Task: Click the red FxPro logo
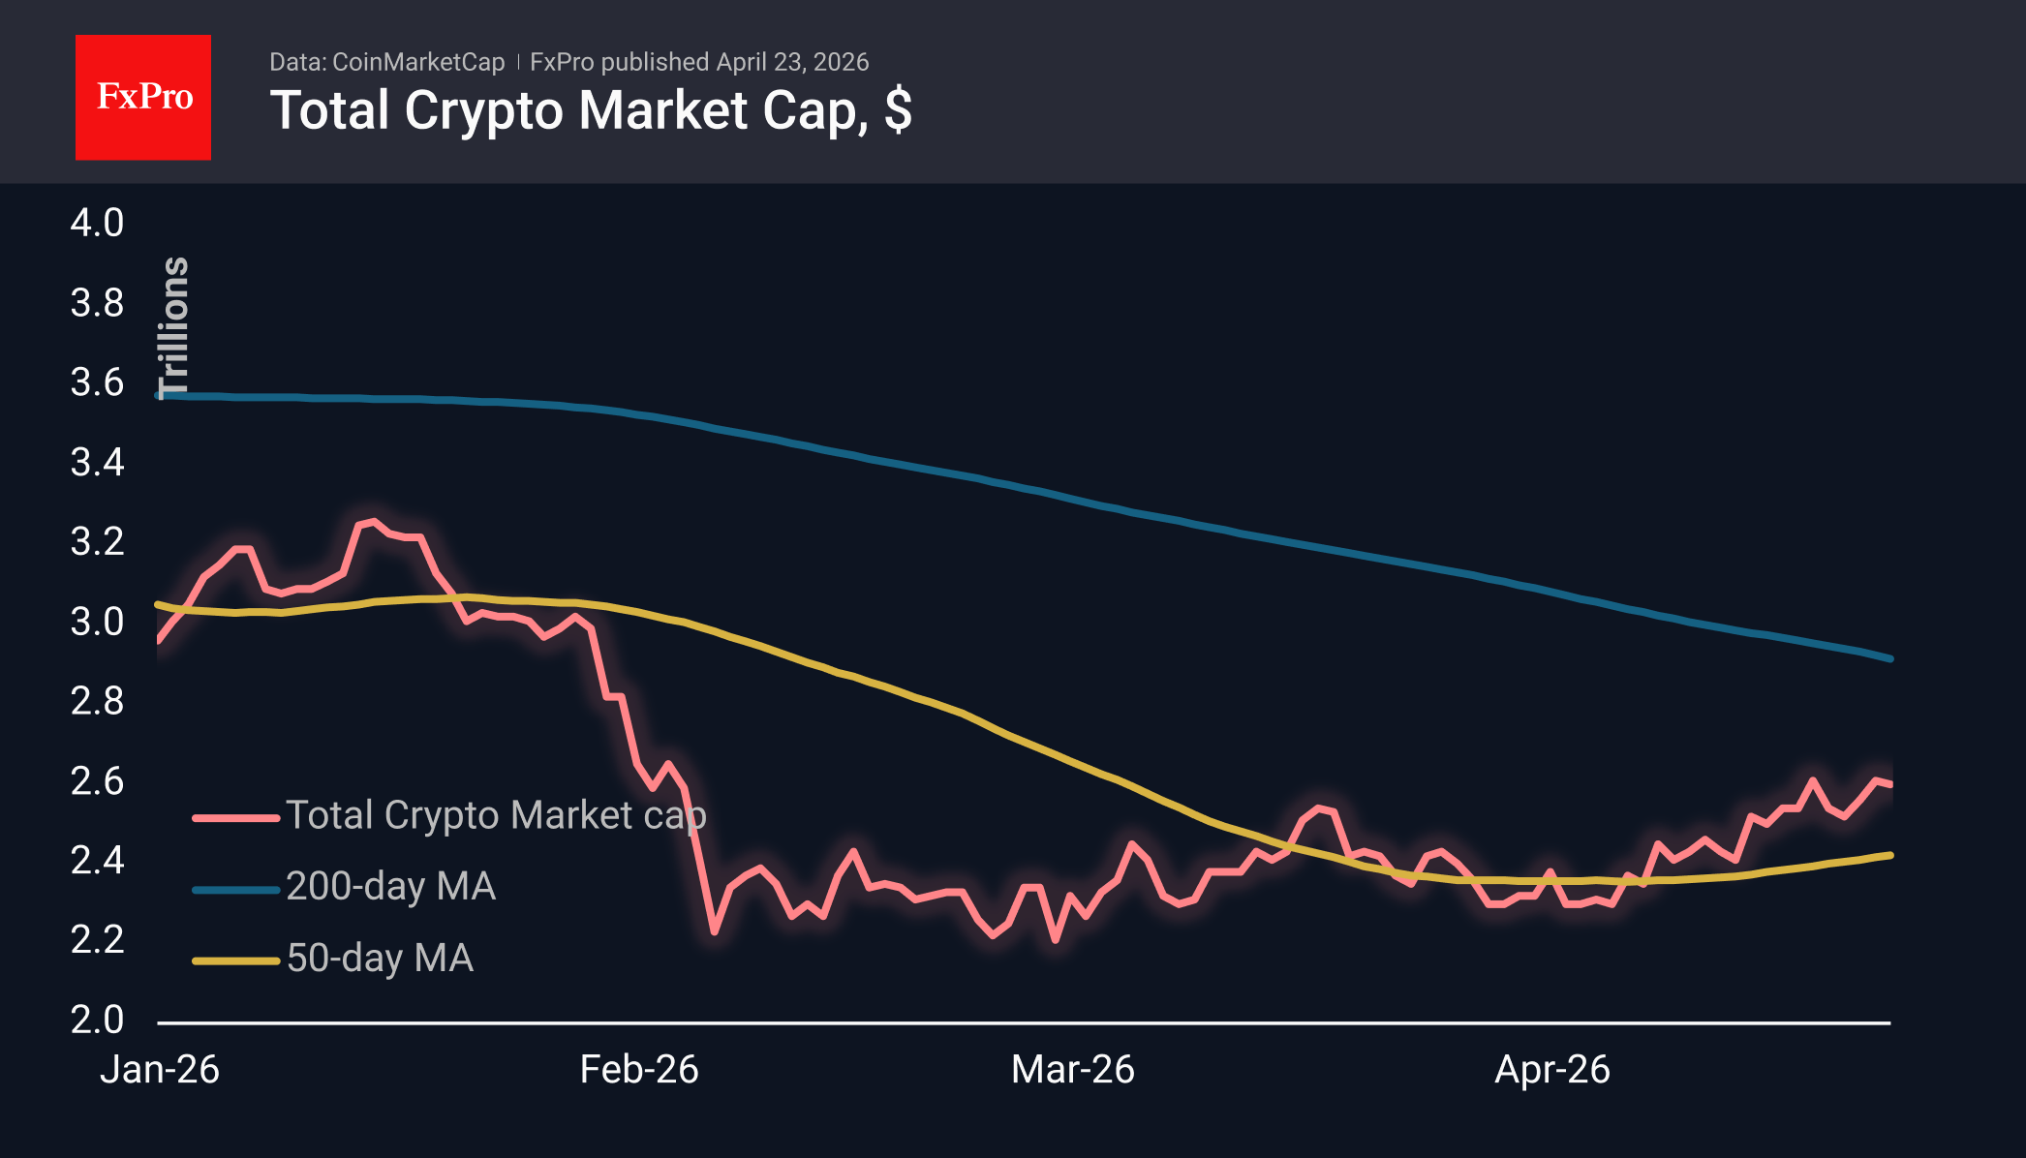coord(143,97)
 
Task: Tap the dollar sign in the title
coord(898,109)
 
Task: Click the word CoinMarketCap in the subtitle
coord(418,62)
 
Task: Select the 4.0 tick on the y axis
coord(97,223)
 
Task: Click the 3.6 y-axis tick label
coord(97,382)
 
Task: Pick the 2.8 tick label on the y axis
coord(97,701)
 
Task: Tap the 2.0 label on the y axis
coord(97,1020)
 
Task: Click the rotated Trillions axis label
coord(174,327)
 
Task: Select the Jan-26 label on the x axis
coord(160,1070)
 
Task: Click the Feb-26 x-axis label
coord(639,1070)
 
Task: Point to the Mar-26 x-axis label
coord(1073,1070)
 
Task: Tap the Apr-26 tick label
coord(1552,1070)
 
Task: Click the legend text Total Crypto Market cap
coord(496,815)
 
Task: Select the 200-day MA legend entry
coord(390,887)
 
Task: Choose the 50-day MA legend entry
coord(380,959)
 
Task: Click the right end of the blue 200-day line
coord(1889,658)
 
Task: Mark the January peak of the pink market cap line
coord(374,521)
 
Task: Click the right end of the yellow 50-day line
coord(1889,855)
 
